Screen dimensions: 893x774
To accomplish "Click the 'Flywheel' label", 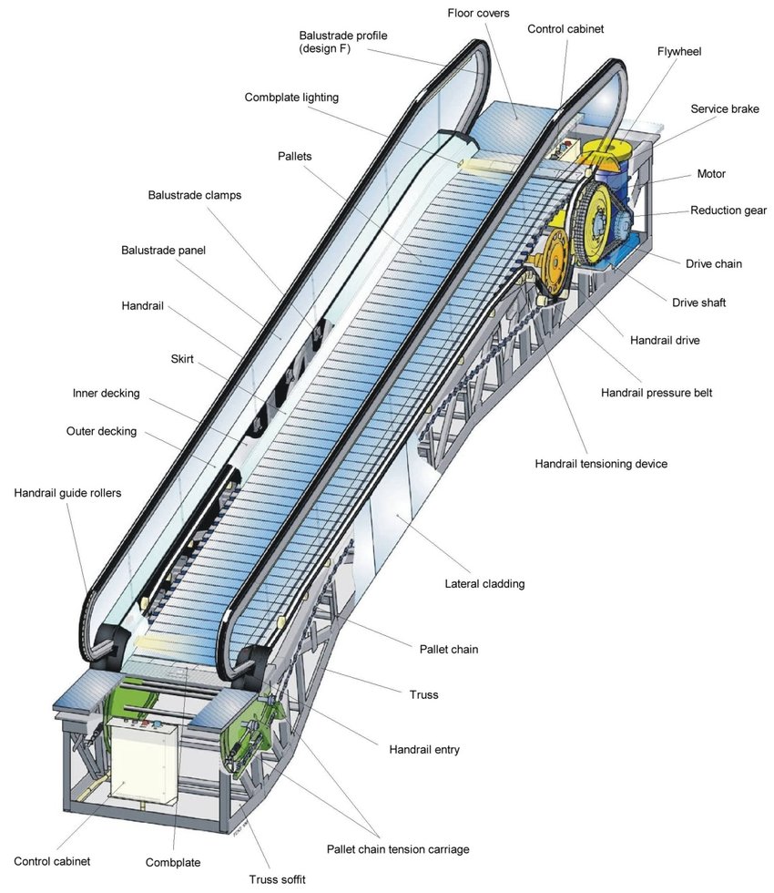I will [679, 52].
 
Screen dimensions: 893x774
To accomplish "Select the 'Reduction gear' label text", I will [728, 210].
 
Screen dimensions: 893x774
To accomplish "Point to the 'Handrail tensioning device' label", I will [601, 464].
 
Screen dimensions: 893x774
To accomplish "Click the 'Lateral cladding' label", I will [484, 584].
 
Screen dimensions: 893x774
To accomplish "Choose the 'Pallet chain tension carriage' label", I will [398, 849].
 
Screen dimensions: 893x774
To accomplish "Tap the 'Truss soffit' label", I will [278, 879].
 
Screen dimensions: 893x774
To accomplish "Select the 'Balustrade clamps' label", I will [195, 195].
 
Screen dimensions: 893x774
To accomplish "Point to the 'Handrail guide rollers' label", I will [67, 493].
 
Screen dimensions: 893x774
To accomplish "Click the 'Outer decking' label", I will [101, 431].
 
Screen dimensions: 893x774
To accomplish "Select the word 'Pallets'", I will [294, 157].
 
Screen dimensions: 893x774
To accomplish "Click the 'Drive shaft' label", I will [698, 303].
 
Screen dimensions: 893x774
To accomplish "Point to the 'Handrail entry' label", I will [424, 750].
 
